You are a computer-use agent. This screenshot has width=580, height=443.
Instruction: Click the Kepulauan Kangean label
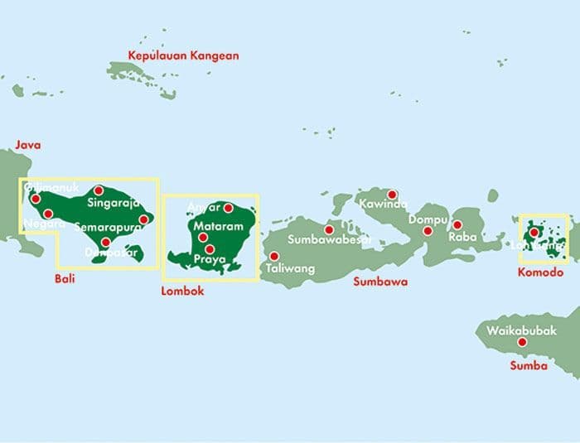coord(183,56)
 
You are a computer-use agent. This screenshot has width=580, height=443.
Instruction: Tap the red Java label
coord(27,145)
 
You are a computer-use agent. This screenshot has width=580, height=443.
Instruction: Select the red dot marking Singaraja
coord(99,190)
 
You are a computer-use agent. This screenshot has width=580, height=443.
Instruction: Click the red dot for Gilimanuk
coord(35,198)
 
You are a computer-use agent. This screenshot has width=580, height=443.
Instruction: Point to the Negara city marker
coord(48,214)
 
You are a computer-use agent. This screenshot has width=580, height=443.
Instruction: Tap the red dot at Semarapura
coord(143,219)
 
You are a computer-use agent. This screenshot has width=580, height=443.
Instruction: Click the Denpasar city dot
coord(105,242)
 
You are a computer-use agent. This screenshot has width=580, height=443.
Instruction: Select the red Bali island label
coord(65,279)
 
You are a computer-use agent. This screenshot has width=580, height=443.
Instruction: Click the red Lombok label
coord(182,291)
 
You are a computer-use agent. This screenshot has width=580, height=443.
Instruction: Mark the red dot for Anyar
coord(228,207)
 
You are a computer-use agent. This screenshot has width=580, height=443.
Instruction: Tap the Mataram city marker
coord(202,238)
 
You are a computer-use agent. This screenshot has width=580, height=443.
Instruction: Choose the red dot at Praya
coord(210,249)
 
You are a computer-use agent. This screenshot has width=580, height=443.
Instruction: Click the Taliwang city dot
coord(274,256)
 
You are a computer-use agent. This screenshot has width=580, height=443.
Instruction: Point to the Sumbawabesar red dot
coord(329,229)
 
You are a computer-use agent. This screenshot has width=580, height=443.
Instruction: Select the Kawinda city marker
coord(392,195)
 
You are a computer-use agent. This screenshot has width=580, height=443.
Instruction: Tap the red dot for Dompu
coord(428,230)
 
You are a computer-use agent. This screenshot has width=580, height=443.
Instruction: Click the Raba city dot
coord(457,224)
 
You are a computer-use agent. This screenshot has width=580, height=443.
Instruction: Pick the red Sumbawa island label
coord(380,282)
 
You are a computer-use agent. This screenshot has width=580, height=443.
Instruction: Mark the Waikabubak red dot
coord(522,342)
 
